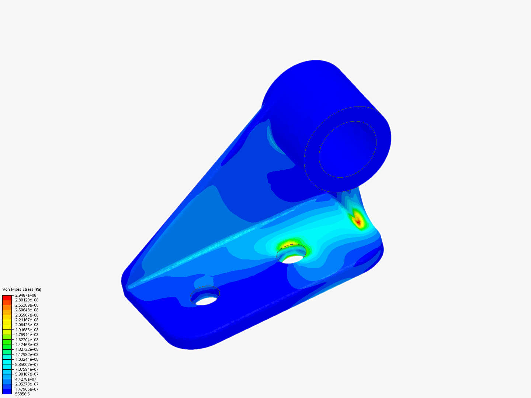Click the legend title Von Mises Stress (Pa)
22,289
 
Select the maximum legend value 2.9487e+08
26,295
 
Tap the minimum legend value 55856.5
22,394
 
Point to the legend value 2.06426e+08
27,325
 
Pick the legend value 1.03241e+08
27,359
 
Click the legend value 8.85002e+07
27,364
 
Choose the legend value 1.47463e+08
27,345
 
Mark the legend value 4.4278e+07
26,379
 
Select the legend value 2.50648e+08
27,310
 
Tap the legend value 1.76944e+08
27,335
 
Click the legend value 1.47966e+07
27,389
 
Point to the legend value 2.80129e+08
27,300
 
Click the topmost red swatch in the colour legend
7,297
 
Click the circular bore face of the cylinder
347,149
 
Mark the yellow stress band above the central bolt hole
289,243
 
